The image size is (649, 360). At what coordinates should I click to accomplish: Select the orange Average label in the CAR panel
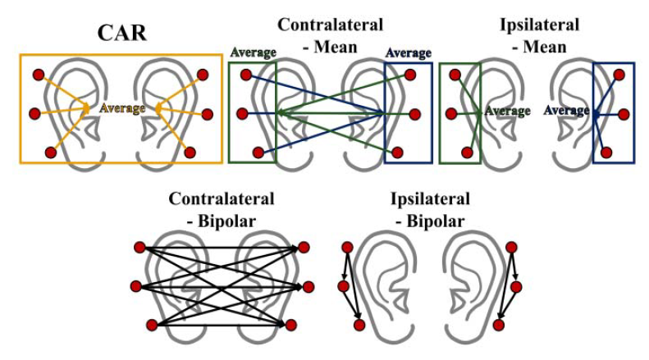[121, 108]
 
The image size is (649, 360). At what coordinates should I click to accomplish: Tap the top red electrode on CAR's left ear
[38, 75]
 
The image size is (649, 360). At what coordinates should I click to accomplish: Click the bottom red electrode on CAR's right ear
[190, 152]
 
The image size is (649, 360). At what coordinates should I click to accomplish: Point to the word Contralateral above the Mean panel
[330, 25]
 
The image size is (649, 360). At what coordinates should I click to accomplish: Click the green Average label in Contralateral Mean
[254, 52]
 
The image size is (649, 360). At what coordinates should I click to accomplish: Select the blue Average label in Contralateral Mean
[408, 52]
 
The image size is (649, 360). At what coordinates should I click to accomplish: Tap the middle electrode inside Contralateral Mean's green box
[245, 114]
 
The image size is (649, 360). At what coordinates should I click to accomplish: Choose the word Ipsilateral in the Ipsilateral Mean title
[538, 25]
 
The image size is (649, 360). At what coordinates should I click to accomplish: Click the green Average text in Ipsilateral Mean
[508, 112]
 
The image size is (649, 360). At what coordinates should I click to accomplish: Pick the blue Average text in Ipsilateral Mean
[567, 111]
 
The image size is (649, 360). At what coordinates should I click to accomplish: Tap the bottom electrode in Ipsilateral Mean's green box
[468, 152]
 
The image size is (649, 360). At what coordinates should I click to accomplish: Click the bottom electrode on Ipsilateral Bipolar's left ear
[359, 325]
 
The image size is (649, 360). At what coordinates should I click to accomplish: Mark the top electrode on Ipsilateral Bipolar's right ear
[512, 247]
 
